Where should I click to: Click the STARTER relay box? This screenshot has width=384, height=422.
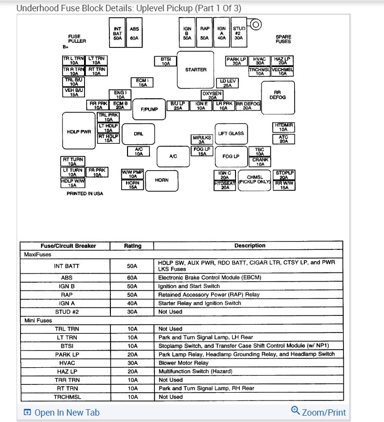pyautogui.click(x=195, y=69)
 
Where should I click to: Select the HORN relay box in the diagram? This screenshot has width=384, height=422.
pyautogui.click(x=162, y=180)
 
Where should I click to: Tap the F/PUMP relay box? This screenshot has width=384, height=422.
pyautogui.click(x=149, y=109)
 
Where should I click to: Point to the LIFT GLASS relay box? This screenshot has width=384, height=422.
pyautogui.click(x=231, y=133)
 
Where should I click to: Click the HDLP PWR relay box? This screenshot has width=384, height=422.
pyautogui.click(x=79, y=131)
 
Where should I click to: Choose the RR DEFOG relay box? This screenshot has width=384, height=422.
pyautogui.click(x=277, y=95)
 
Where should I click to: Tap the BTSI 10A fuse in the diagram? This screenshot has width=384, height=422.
pyautogui.click(x=166, y=61)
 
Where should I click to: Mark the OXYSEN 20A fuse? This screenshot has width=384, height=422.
pyautogui.click(x=212, y=95)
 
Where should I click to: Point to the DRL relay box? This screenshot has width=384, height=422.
pyautogui.click(x=138, y=133)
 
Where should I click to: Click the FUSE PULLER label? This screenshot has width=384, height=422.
pyautogui.click(x=77, y=39)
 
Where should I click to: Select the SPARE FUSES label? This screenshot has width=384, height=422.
pyautogui.click(x=283, y=39)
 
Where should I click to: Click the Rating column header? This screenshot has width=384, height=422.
pyautogui.click(x=132, y=246)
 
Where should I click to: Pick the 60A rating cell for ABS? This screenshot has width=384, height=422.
pyautogui.click(x=132, y=277)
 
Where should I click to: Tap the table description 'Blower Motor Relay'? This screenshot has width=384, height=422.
pyautogui.click(x=183, y=363)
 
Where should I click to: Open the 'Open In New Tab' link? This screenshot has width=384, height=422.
pyautogui.click(x=62, y=413)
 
